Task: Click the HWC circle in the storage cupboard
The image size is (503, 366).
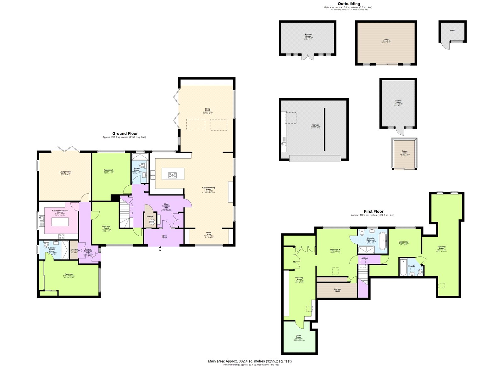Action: click(x=152, y=222)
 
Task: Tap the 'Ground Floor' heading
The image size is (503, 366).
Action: click(x=125, y=133)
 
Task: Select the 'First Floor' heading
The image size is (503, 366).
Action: click(x=373, y=211)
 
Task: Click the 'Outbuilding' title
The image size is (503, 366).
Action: click(x=349, y=4)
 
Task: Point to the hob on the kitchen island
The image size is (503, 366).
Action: click(x=173, y=175)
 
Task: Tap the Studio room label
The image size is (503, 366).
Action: click(x=386, y=40)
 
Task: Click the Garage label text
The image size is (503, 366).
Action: click(x=315, y=125)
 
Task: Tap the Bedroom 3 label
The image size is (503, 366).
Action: click(x=108, y=170)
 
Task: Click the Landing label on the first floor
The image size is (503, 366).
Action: click(x=364, y=258)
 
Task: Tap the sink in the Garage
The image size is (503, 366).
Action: click(x=284, y=144)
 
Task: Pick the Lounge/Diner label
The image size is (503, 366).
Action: click(x=65, y=172)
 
